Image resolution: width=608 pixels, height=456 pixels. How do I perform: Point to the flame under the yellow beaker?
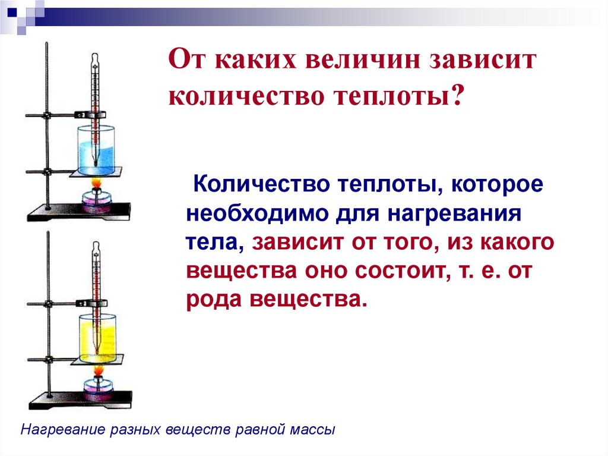coord(97,371)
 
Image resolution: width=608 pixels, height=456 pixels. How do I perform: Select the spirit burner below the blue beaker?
coord(96,199)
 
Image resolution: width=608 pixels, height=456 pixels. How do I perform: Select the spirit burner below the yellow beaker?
coord(96,389)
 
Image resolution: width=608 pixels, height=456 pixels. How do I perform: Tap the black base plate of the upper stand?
coord(77,210)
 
